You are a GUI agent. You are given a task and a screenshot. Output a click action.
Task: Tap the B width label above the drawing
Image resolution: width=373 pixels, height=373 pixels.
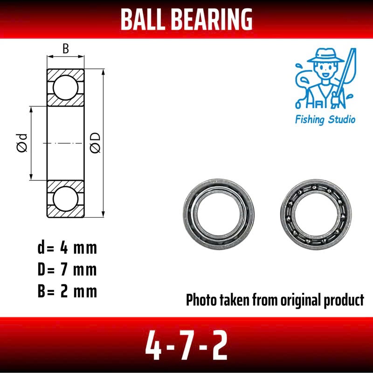(x=66, y=48)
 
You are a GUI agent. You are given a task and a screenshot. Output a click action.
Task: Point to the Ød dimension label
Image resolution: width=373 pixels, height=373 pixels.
(x=22, y=143)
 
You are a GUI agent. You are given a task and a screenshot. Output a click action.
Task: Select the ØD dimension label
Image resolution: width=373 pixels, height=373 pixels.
(x=95, y=143)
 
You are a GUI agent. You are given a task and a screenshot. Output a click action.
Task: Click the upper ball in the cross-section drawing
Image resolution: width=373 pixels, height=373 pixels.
(x=66, y=88)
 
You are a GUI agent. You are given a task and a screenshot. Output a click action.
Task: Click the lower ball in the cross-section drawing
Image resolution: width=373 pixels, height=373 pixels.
(x=66, y=199)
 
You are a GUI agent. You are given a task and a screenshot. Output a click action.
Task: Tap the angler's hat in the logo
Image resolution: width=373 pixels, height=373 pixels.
(x=325, y=55)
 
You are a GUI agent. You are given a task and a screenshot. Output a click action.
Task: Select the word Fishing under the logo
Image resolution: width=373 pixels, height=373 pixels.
(x=310, y=119)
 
